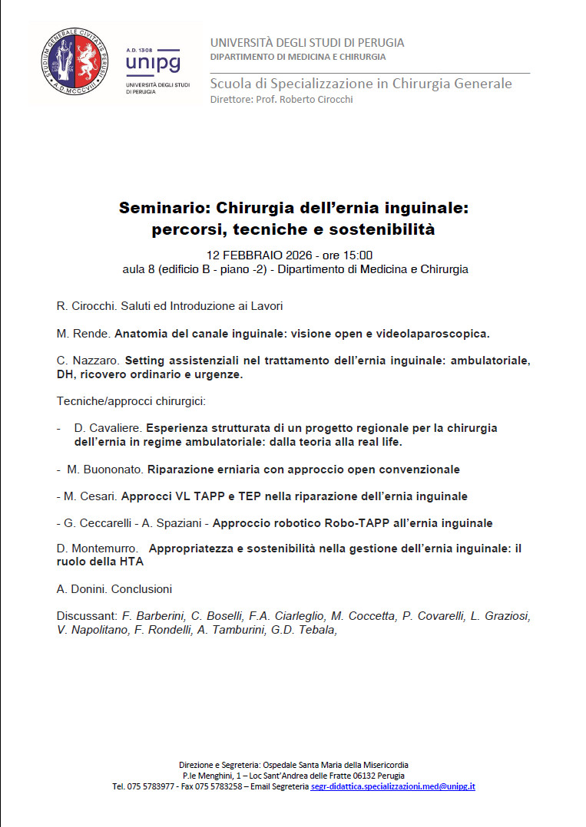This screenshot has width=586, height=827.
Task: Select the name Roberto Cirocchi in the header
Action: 316,100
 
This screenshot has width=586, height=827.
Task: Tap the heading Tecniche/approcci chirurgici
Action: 131,401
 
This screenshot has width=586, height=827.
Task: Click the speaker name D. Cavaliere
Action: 108,427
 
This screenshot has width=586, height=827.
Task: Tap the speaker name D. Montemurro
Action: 96,549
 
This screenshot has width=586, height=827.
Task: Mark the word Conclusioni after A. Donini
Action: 141,589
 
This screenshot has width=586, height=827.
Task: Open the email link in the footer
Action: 392,786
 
